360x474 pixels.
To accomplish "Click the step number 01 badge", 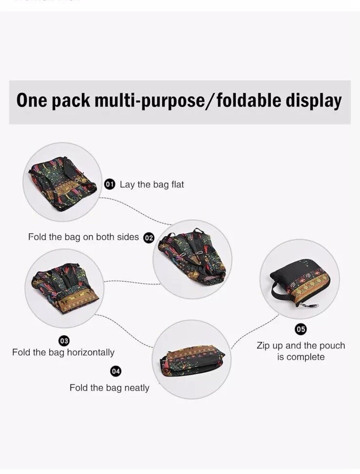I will tap(110, 184).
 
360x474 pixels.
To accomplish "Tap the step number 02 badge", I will tap(148, 238).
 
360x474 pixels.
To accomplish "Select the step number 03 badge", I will tap(63, 340).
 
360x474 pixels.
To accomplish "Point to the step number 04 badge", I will tap(116, 371).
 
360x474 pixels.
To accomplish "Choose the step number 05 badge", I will tap(301, 329).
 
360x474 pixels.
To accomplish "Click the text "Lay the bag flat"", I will tap(152, 185).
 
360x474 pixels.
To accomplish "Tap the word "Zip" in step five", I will tap(264, 346).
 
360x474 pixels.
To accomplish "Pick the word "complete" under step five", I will tap(306, 357).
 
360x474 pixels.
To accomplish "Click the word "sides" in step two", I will tap(128, 237).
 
